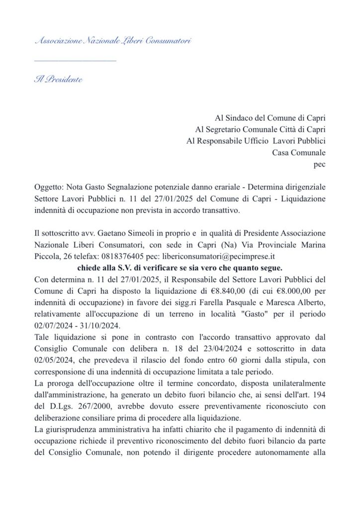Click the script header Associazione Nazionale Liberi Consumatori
(x=113, y=41)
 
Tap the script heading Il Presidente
(x=59, y=80)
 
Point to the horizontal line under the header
(x=75, y=61)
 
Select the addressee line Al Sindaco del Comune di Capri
(x=270, y=118)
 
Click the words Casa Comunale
(x=299, y=153)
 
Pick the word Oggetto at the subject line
(x=49, y=187)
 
